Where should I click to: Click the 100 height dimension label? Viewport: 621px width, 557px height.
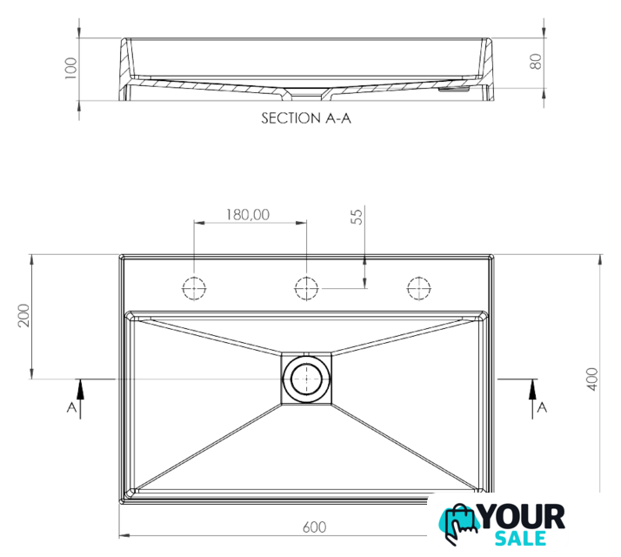click(x=70, y=68)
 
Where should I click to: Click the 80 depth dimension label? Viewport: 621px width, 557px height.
click(x=536, y=62)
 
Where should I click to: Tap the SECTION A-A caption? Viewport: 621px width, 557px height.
click(x=306, y=118)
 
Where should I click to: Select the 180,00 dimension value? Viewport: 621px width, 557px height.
click(x=248, y=214)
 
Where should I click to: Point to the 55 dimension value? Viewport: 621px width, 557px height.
click(x=357, y=217)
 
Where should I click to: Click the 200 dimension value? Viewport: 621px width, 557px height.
click(x=23, y=316)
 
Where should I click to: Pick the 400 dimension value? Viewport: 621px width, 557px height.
click(x=592, y=379)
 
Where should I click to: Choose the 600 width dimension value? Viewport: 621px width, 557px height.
click(x=315, y=527)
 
